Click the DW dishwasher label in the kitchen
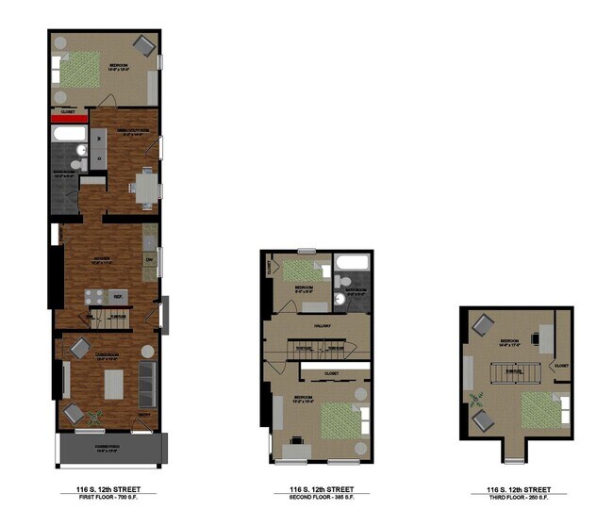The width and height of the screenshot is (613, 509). (x=149, y=259)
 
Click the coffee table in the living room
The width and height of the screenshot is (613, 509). (x=114, y=382)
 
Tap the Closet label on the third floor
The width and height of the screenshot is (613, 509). (x=560, y=366)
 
